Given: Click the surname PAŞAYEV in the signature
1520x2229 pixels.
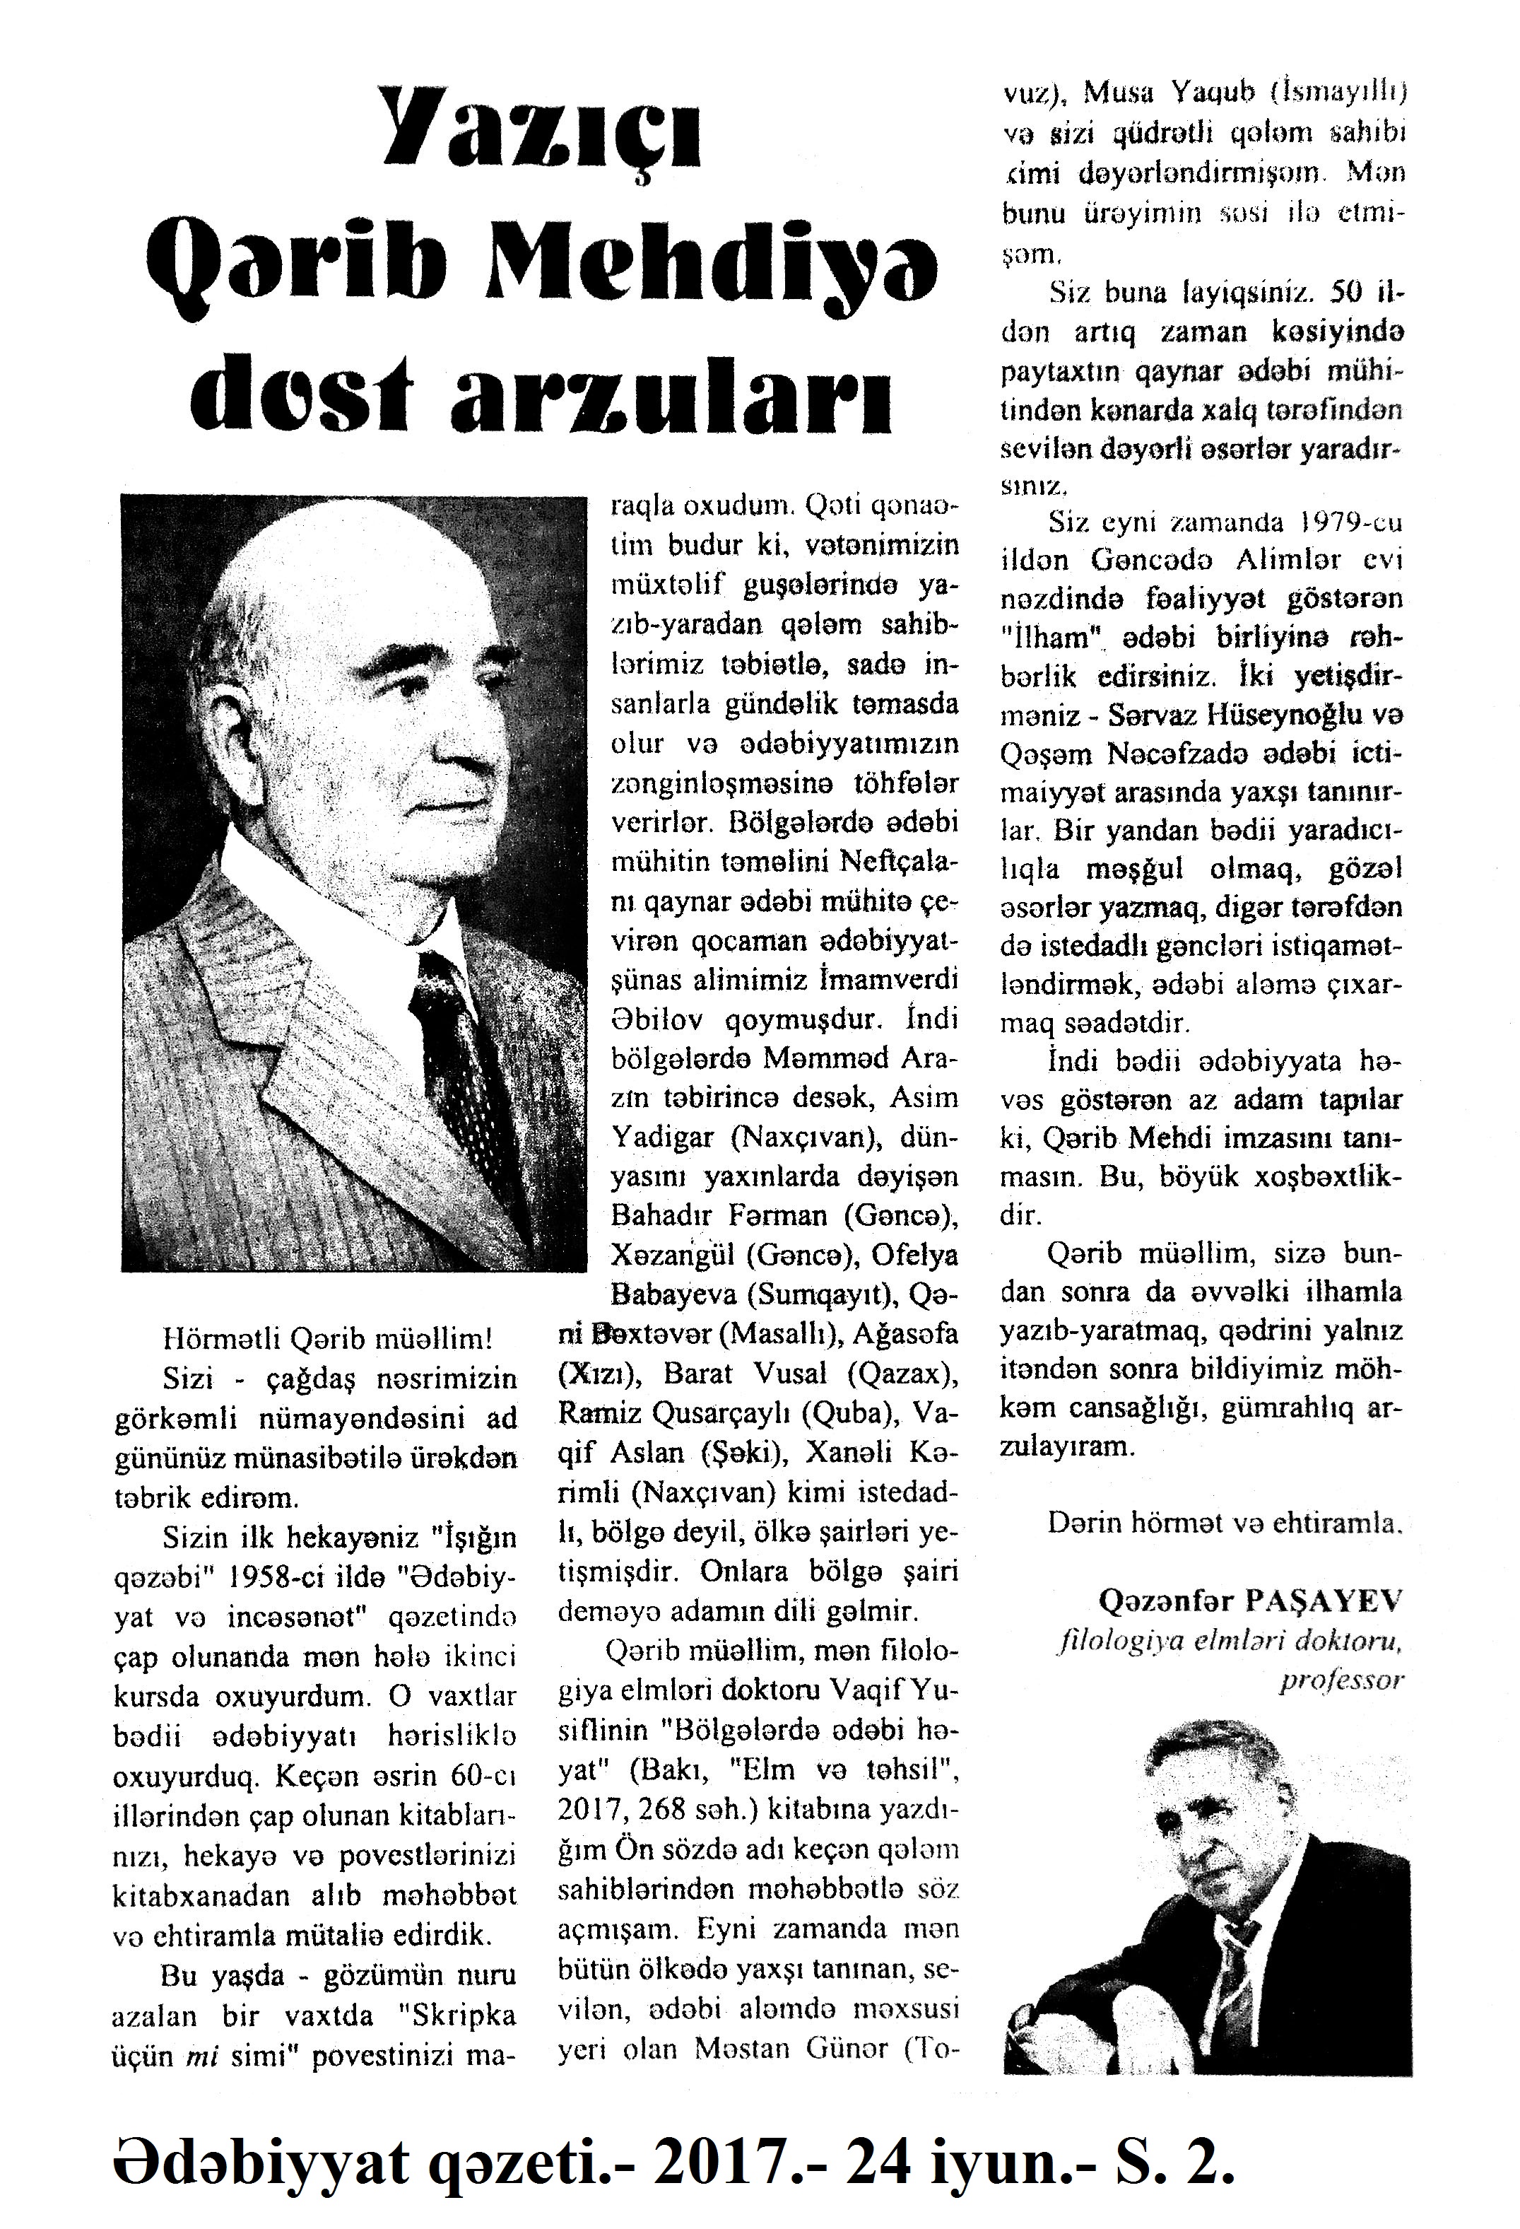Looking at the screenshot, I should click(x=1324, y=1600).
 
